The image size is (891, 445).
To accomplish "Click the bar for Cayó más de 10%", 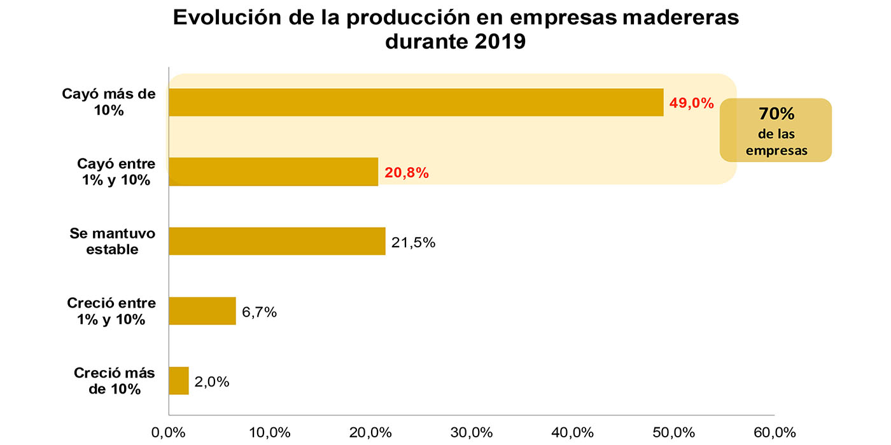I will [x=416, y=102].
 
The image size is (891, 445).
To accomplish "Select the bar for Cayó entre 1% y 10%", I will [x=273, y=172].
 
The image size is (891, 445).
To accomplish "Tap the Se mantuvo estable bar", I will [x=277, y=242].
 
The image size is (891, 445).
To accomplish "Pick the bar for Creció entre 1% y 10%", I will [x=202, y=311].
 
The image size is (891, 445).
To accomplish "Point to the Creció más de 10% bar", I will [x=179, y=381].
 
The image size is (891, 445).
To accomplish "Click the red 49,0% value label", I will [x=691, y=103].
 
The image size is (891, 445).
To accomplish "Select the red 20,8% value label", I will [x=406, y=173].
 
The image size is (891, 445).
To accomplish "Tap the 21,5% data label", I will [x=413, y=242].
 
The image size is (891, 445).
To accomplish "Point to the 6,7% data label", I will [x=259, y=312].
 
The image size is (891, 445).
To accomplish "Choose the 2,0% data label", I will [x=211, y=382].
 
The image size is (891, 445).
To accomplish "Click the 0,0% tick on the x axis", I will [x=169, y=433].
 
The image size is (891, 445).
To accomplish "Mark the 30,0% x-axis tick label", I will [x=472, y=433].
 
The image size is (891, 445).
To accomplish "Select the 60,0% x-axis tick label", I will [x=774, y=433].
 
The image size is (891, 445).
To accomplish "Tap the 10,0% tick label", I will [x=269, y=433].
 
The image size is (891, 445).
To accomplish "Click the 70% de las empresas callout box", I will [x=776, y=130].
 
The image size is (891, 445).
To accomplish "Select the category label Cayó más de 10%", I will [x=108, y=102].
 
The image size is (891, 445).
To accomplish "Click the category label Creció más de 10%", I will [x=115, y=381].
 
